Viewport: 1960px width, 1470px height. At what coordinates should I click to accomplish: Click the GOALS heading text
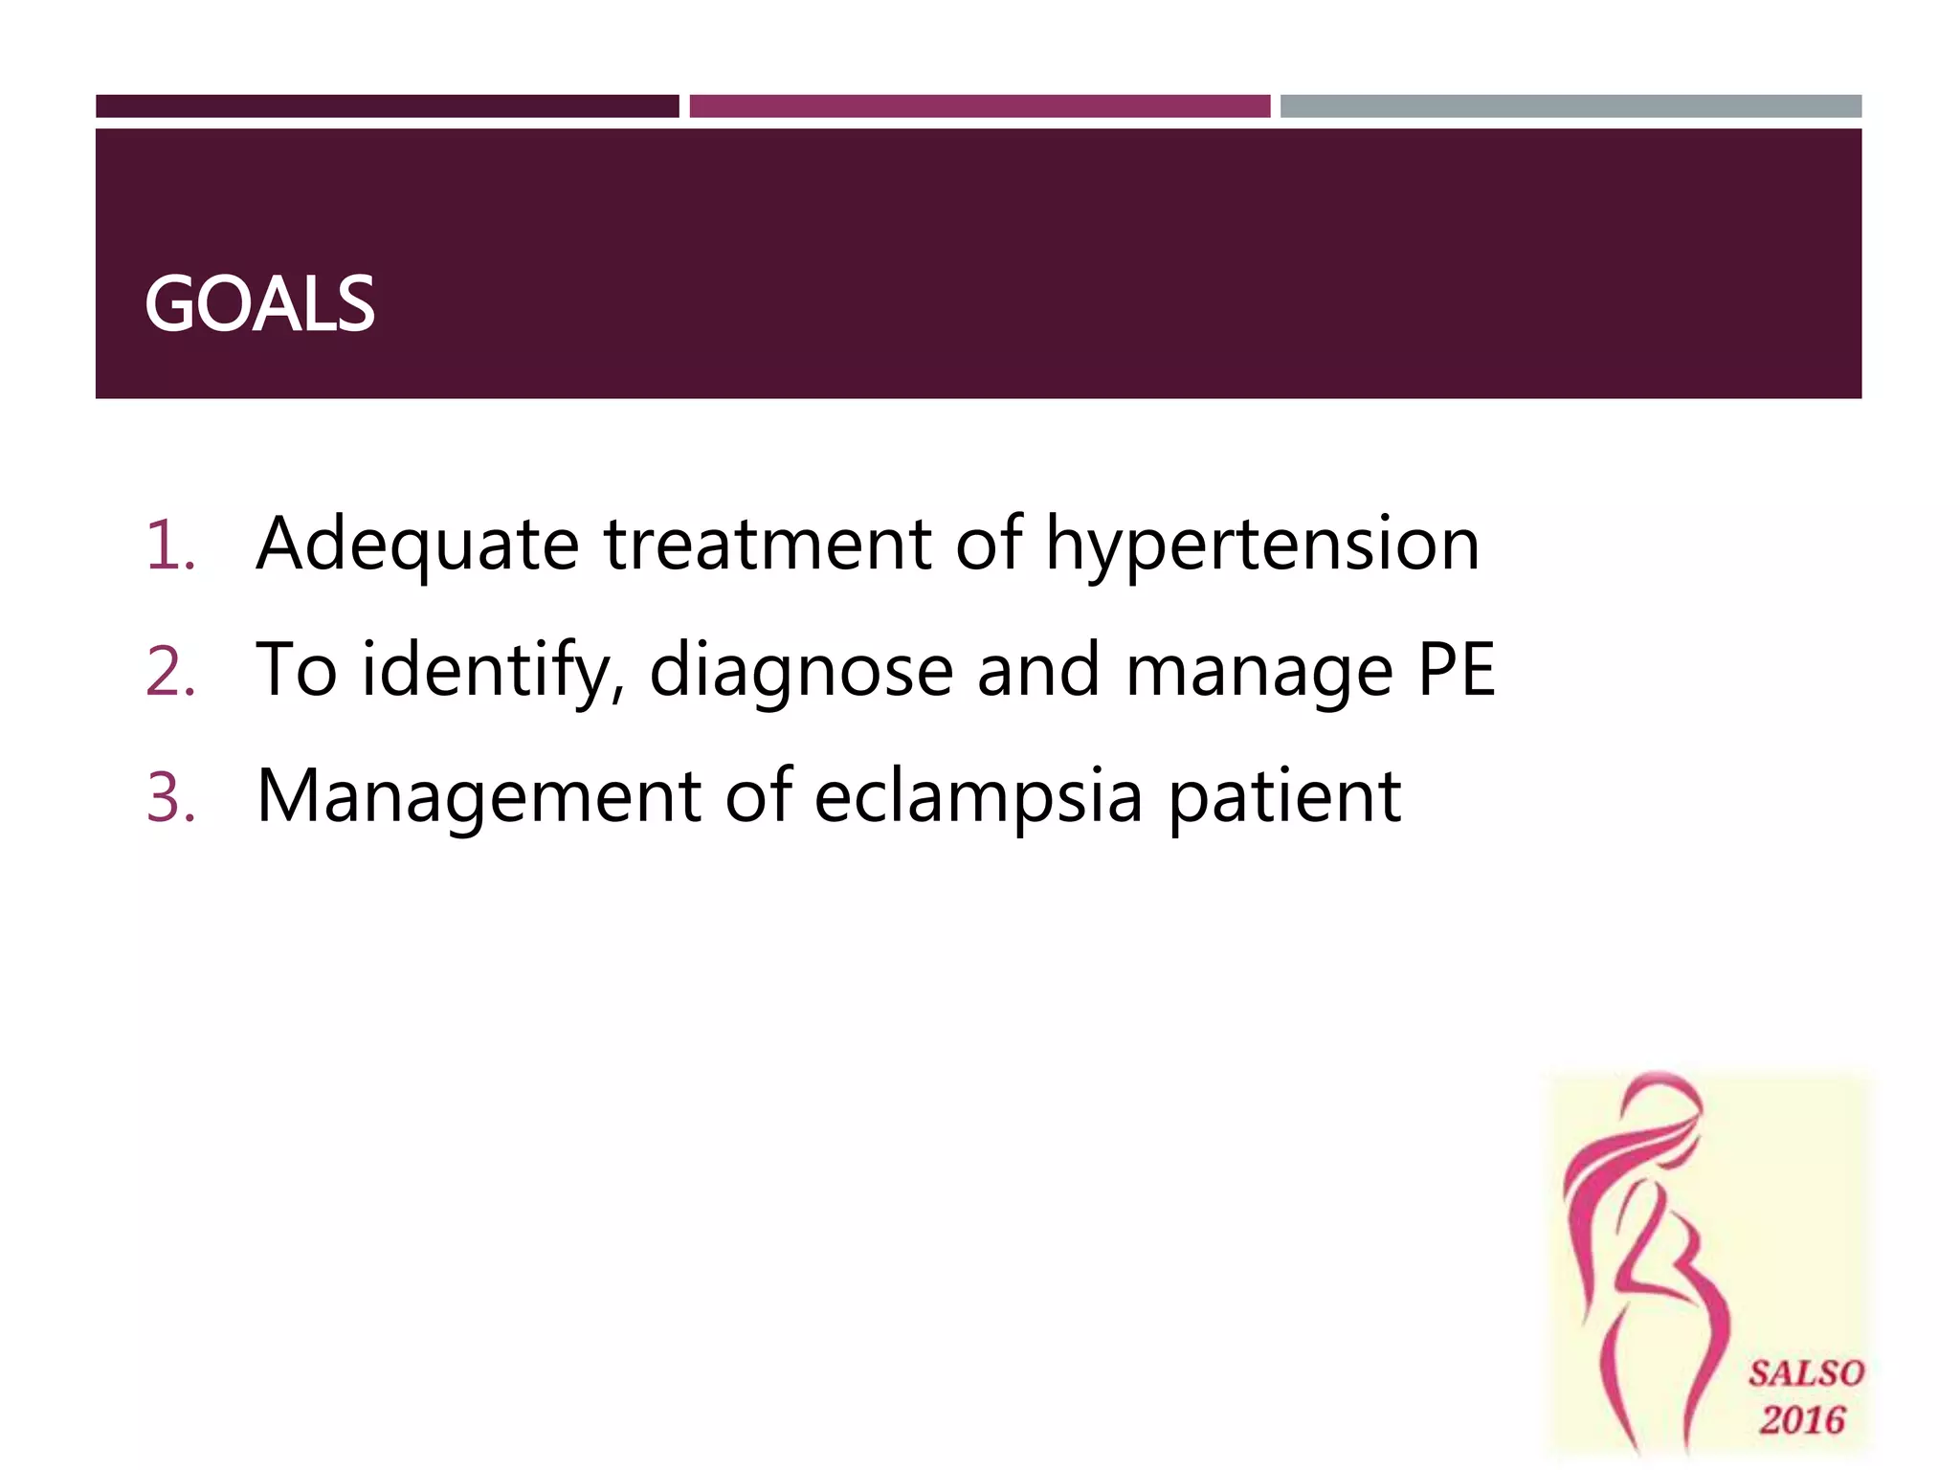tap(259, 304)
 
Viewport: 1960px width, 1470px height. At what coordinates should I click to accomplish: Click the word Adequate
tap(417, 544)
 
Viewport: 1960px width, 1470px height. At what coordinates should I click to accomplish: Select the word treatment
tap(768, 544)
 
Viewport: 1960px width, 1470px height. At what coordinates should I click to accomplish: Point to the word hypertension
tap(1262, 544)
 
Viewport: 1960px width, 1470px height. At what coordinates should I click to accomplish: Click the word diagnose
tap(801, 670)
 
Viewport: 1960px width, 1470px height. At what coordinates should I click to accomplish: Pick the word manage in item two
tap(1259, 670)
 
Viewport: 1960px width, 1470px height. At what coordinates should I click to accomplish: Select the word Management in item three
tap(479, 796)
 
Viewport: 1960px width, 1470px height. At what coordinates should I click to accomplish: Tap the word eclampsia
tap(978, 796)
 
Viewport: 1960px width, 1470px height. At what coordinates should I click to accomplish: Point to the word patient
tap(1284, 796)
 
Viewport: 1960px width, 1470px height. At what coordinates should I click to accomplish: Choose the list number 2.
tap(170, 671)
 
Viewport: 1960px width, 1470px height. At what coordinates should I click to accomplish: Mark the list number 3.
tap(170, 797)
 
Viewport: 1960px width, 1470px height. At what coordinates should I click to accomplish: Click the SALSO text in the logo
tap(1806, 1373)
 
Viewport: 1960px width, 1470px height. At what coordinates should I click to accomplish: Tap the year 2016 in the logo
tap(1803, 1419)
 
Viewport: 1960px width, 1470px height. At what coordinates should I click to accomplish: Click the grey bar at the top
tap(1570, 106)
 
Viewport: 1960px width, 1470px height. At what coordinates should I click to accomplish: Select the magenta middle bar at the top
tap(979, 106)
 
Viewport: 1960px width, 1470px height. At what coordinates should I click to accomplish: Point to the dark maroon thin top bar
tap(387, 106)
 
